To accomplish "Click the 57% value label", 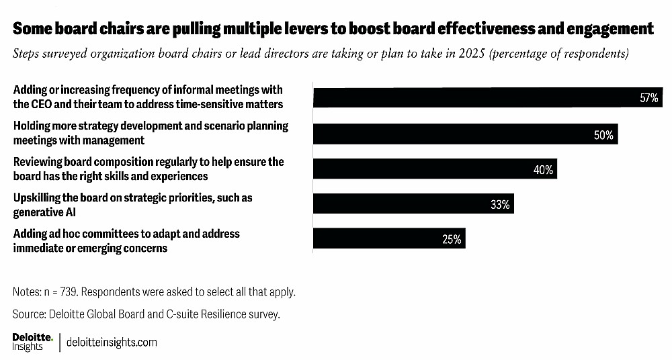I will click(648, 98).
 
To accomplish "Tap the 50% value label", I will click(603, 135).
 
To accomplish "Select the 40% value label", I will click(543, 171).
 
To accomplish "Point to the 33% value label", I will click(500, 205).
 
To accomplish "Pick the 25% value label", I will click(452, 240).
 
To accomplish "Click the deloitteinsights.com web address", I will click(112, 342).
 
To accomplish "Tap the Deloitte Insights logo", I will click(30, 341).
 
